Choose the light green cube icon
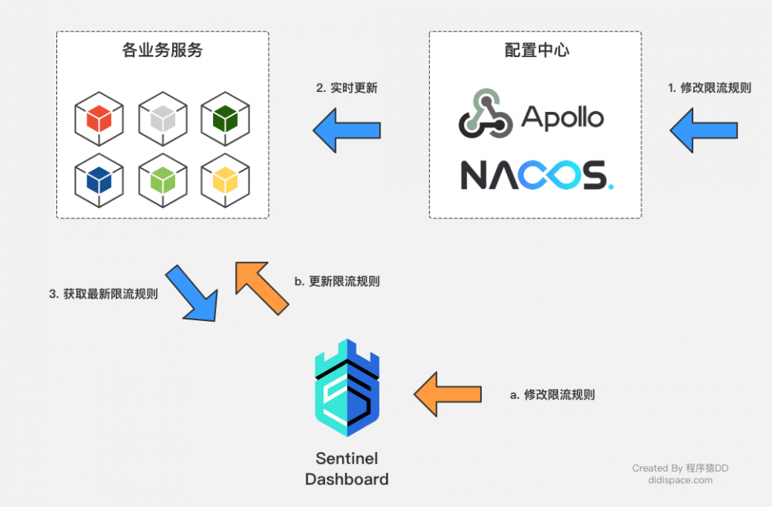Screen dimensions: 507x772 (162, 180)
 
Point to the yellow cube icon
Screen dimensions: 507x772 (225, 180)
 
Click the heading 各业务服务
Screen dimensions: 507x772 (162, 52)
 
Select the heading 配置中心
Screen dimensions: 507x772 (536, 52)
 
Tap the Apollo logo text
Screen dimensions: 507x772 (562, 117)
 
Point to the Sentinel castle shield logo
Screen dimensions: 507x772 (347, 388)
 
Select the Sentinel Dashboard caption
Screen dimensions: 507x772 (347, 468)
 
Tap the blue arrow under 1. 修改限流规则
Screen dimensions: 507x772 (703, 130)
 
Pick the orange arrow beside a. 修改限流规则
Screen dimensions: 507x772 (447, 394)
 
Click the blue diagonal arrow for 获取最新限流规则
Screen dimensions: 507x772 (192, 292)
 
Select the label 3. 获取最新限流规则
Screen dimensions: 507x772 (103, 294)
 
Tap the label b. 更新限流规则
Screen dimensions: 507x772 (337, 282)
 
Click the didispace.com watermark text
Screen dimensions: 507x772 (680, 480)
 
